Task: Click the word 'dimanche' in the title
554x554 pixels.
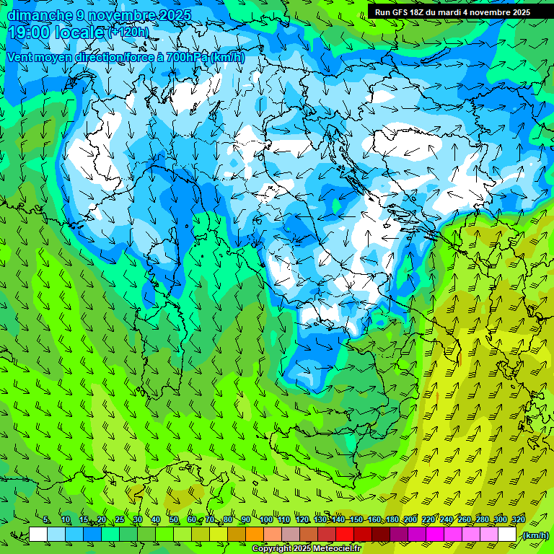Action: [40, 15]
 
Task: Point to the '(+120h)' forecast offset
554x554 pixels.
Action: [128, 32]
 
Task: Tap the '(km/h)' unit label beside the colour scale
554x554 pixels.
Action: [535, 535]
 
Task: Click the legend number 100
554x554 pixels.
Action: [265, 520]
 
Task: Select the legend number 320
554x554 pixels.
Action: [518, 520]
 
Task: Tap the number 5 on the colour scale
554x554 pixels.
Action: [46, 520]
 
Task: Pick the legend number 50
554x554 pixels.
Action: [174, 520]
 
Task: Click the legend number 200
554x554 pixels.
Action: [410, 520]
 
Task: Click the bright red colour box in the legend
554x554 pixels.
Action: [345, 535]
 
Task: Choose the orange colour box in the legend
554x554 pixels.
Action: [255, 535]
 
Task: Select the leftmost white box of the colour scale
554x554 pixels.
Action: [38, 535]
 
